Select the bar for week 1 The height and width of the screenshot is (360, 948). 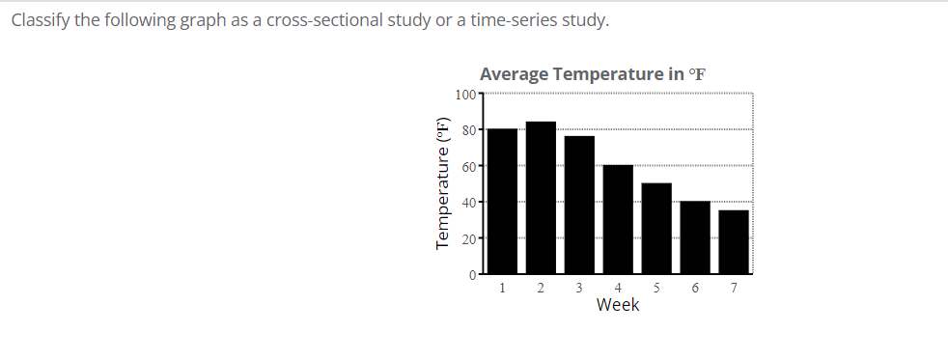[x=502, y=202]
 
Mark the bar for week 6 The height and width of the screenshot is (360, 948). [x=695, y=238]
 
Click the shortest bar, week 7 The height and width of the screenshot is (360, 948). [x=734, y=242]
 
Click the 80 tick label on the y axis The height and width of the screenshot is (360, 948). [x=468, y=130]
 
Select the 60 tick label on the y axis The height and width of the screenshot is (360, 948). [x=468, y=166]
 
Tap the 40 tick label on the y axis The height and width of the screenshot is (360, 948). [x=468, y=203]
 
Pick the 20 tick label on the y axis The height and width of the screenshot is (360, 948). [x=468, y=238]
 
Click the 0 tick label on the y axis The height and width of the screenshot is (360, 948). [x=473, y=275]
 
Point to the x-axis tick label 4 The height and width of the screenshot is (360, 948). [x=618, y=288]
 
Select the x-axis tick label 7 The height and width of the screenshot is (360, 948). [x=734, y=288]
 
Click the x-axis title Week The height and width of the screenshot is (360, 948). [x=618, y=305]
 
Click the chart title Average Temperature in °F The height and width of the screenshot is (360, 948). [x=594, y=74]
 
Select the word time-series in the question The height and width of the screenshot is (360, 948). [x=501, y=20]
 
